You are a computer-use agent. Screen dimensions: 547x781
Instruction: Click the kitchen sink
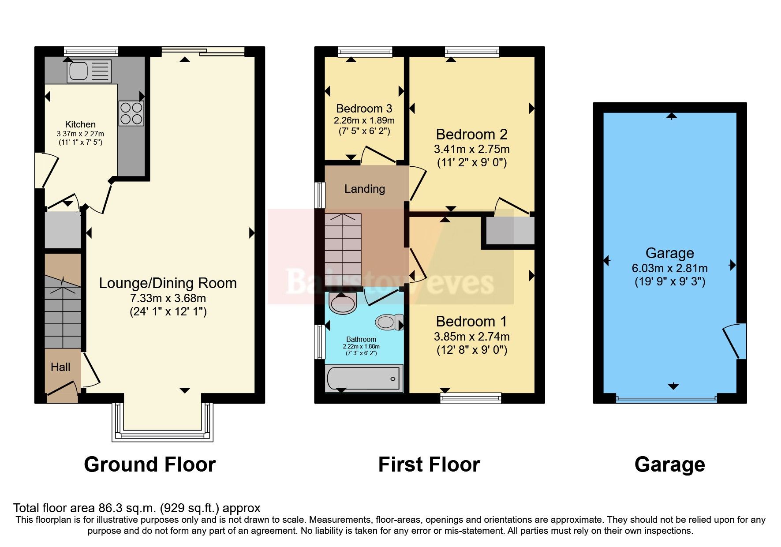[89, 71]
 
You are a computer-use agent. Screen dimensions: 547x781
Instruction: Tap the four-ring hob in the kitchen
[131, 113]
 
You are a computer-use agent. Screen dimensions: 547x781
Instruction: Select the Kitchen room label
[80, 124]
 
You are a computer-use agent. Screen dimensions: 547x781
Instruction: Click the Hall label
[60, 367]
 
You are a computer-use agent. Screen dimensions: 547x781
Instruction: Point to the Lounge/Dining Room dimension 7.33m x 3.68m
[168, 298]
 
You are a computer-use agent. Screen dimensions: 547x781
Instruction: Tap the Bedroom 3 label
[364, 109]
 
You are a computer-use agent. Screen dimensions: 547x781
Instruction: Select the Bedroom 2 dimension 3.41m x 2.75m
[471, 149]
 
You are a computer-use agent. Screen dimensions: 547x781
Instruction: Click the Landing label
[364, 189]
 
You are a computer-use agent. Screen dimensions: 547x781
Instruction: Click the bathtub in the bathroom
[363, 378]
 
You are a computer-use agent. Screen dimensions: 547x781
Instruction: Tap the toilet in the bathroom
[389, 322]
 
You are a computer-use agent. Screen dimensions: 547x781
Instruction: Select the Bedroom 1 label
[471, 321]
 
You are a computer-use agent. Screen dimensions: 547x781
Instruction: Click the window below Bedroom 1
[471, 398]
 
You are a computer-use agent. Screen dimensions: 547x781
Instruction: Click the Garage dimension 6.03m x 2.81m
[669, 268]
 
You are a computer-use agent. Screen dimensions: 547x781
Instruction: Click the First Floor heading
[429, 465]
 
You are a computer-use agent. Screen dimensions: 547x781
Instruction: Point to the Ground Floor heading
[149, 465]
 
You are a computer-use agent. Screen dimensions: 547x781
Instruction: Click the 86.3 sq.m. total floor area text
[137, 508]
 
